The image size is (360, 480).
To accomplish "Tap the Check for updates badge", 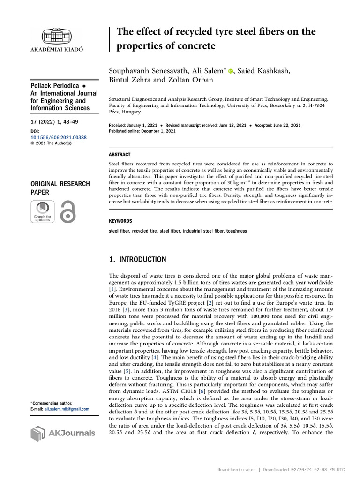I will [x=42, y=211].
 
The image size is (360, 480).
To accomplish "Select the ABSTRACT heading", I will [x=120, y=154].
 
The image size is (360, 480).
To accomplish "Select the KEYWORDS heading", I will [x=120, y=221].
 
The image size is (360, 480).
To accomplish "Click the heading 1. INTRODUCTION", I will [x=137, y=259].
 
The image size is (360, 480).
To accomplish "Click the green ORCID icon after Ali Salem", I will [x=231, y=71].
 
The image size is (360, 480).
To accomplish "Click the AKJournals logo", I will [x=62, y=433].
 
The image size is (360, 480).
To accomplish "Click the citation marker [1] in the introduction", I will [x=112, y=290].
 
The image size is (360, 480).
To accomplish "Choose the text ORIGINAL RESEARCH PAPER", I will [x=60, y=188].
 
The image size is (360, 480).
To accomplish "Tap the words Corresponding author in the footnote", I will [x=48, y=403].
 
